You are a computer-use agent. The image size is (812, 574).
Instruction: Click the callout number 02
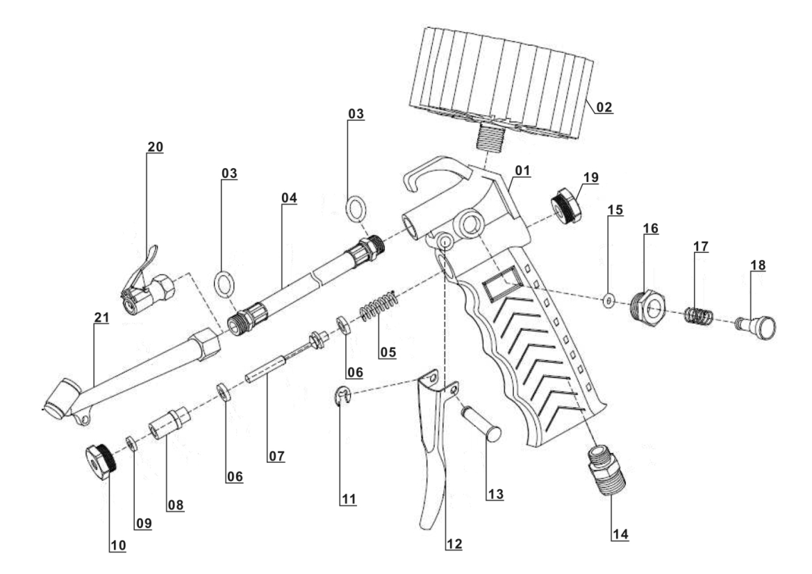tap(602, 108)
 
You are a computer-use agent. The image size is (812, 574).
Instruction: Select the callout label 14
tap(620, 534)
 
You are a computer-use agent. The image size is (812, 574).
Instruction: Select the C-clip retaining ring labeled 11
tap(342, 397)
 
